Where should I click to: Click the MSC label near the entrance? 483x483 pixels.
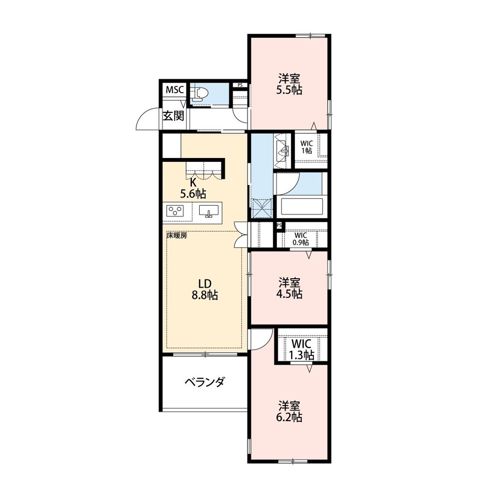click(175, 90)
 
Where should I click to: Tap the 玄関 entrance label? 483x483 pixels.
click(174, 116)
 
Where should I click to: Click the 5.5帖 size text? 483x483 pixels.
click(289, 90)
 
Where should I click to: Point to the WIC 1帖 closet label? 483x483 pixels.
click(307, 147)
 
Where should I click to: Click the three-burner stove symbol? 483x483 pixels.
click(175, 211)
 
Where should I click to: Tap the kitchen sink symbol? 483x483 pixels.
click(209, 212)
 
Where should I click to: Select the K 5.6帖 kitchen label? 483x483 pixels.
click(193, 188)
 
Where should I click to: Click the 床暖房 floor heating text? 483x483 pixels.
click(177, 236)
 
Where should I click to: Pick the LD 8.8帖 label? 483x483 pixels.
click(205, 289)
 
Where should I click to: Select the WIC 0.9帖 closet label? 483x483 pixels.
click(300, 239)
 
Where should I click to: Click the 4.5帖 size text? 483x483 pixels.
click(289, 294)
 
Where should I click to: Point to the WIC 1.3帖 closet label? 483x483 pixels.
click(301, 350)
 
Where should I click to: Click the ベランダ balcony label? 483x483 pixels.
click(205, 382)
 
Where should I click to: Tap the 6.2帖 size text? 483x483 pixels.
click(289, 417)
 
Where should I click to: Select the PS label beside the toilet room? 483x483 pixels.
click(240, 85)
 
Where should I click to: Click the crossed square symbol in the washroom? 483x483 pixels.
click(262, 208)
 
